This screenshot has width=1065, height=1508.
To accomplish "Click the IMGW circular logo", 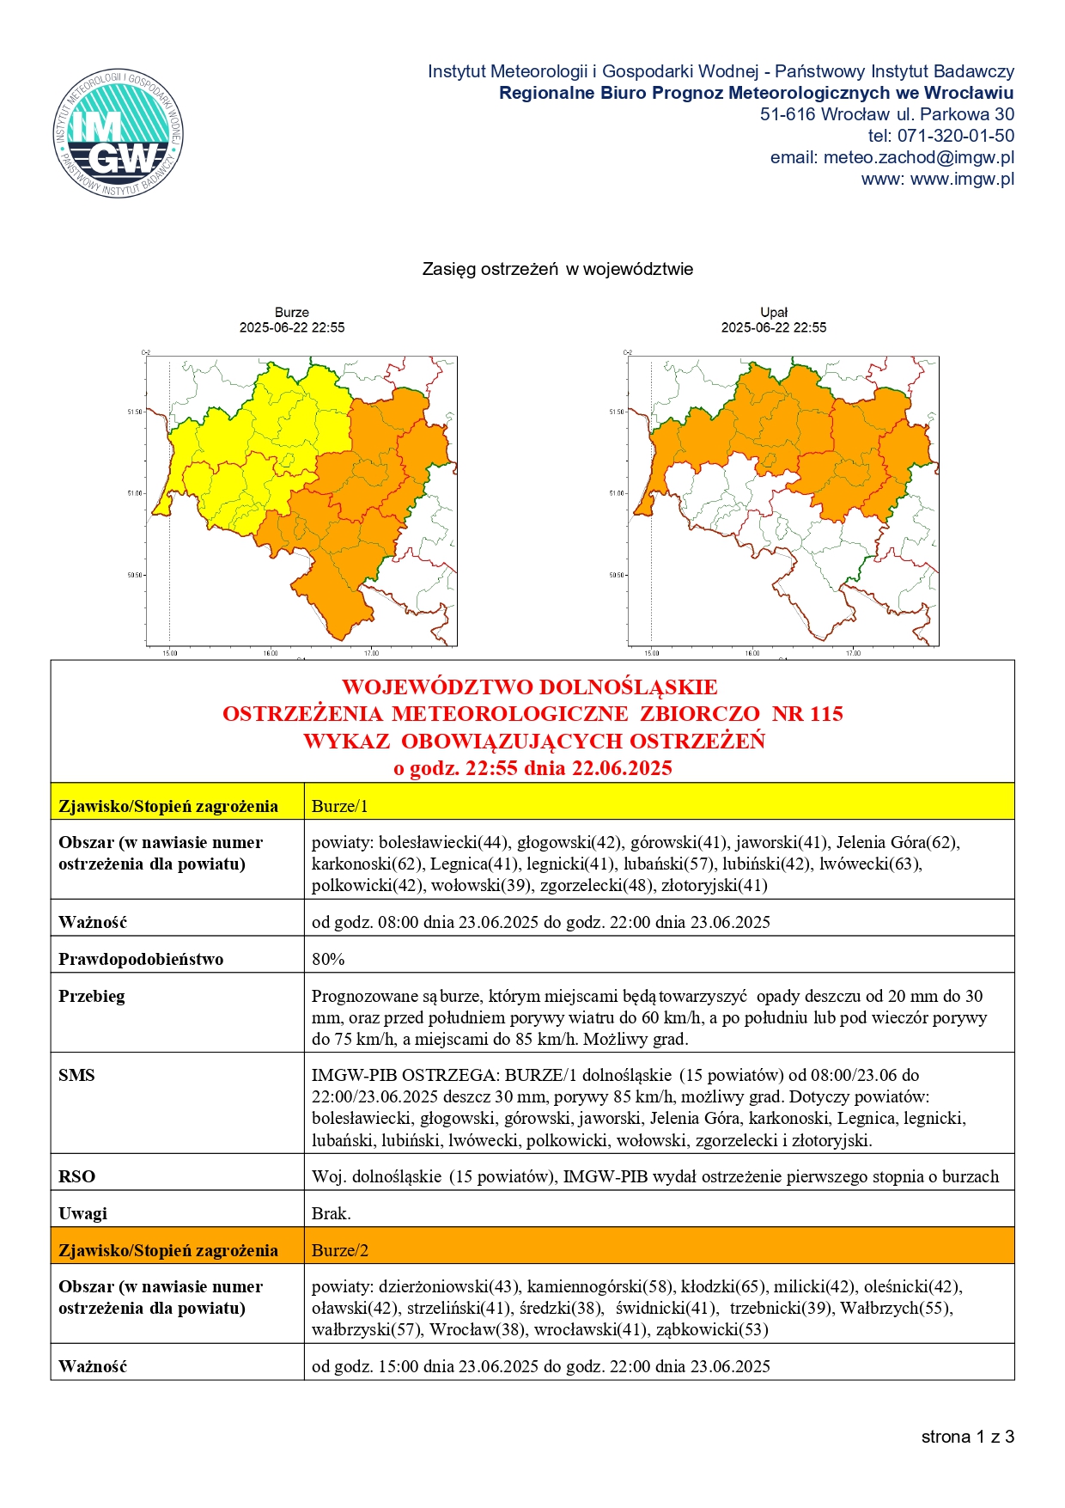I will coord(119,133).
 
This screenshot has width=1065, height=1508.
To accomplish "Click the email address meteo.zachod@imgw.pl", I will coord(919,157).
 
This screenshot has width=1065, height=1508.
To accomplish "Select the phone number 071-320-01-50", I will coord(955,136).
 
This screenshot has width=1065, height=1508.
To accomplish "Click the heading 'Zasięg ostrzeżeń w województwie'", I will coord(557,269).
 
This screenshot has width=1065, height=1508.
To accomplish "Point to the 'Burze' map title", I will coord(292,313).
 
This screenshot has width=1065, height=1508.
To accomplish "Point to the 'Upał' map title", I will coord(774,313).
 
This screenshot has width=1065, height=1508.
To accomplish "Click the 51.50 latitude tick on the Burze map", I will coord(135,412).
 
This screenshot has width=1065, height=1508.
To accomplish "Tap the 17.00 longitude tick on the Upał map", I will coord(852,654).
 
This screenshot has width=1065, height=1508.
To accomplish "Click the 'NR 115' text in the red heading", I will coord(807,713).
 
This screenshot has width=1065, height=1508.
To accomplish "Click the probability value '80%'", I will coord(328,959).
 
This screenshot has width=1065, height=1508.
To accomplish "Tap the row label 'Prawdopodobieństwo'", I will coord(141,959).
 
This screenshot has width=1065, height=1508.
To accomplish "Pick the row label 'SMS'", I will coord(76,1075).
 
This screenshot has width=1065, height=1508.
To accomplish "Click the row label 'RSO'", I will coord(76,1176).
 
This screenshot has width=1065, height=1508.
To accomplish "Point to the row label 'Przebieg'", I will coord(91,996).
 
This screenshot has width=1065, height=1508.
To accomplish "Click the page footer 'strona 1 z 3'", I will coord(967,1437).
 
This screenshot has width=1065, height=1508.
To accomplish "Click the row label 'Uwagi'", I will coord(82,1213).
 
